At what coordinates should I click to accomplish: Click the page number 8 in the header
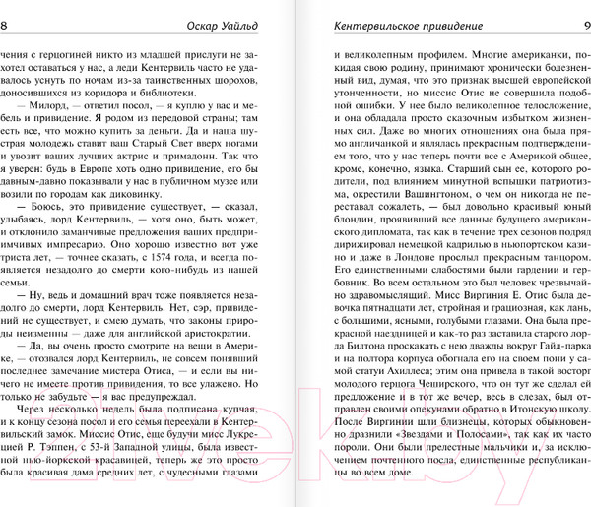(x=7, y=11)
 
